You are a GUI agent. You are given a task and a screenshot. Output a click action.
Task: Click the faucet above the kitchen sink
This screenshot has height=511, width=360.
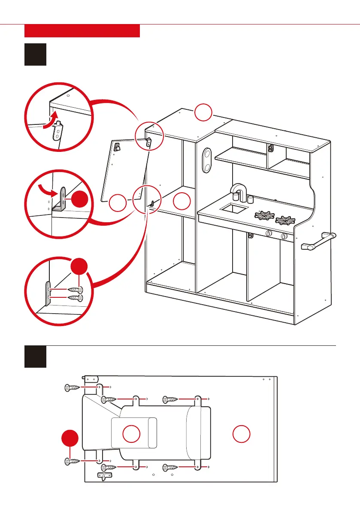click(x=238, y=191)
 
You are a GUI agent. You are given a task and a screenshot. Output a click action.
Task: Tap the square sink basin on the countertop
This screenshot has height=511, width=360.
click(x=234, y=209)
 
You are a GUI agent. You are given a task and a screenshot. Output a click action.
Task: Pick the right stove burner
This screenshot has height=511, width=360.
click(x=285, y=221)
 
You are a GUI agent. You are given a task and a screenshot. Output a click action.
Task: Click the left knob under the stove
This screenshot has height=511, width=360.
click(x=269, y=233)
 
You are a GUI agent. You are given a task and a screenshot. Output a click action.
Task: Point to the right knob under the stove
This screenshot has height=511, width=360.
click(x=284, y=237)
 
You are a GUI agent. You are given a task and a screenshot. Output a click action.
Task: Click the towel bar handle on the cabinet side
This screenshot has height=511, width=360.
click(x=320, y=240)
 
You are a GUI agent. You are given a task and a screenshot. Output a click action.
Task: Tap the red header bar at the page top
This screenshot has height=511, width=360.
click(x=82, y=31)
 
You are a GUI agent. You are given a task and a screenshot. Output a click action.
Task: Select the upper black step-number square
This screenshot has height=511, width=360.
click(x=35, y=54)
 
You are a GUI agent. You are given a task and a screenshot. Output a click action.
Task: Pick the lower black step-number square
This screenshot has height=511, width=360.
click(x=35, y=357)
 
